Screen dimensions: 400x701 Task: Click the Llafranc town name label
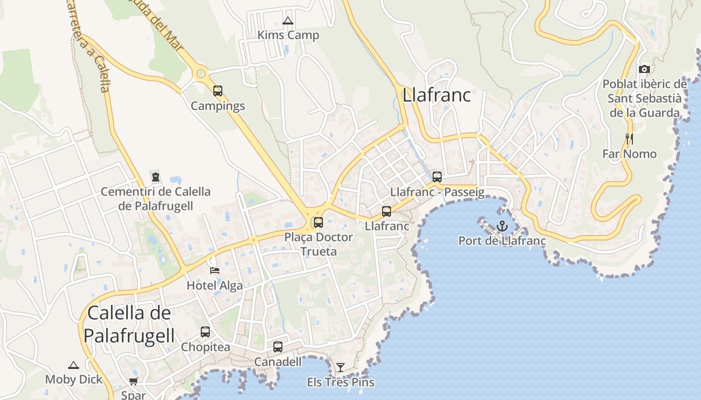pyautogui.click(x=437, y=94)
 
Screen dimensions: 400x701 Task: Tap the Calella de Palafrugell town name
pyautogui.click(x=129, y=324)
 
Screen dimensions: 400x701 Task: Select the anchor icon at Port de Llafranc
pyautogui.click(x=502, y=226)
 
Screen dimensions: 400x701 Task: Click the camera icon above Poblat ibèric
pyautogui.click(x=644, y=69)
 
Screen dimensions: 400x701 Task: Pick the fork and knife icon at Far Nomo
pyautogui.click(x=629, y=138)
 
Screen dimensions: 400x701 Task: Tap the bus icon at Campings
pyautogui.click(x=218, y=90)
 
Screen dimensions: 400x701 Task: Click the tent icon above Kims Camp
pyautogui.click(x=287, y=21)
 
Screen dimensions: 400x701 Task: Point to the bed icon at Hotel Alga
pyautogui.click(x=215, y=270)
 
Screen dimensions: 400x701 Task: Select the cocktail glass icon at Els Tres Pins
pyautogui.click(x=340, y=367)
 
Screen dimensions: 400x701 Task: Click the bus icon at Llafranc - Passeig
pyautogui.click(x=437, y=176)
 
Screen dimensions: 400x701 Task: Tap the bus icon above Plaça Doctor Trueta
pyautogui.click(x=318, y=222)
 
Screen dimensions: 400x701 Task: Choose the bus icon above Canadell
pyautogui.click(x=278, y=346)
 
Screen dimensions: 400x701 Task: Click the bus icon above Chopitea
pyautogui.click(x=205, y=331)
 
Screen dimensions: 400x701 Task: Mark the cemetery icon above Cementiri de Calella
pyautogui.click(x=155, y=176)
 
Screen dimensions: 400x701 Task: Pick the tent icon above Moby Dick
pyautogui.click(x=74, y=365)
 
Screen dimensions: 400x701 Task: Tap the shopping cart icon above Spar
pyautogui.click(x=133, y=381)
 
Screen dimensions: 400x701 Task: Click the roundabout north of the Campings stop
pyautogui.click(x=201, y=74)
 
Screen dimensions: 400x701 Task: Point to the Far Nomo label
pyautogui.click(x=629, y=154)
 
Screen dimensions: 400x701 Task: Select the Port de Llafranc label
pyautogui.click(x=502, y=241)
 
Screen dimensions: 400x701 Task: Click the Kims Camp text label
pyautogui.click(x=288, y=35)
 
